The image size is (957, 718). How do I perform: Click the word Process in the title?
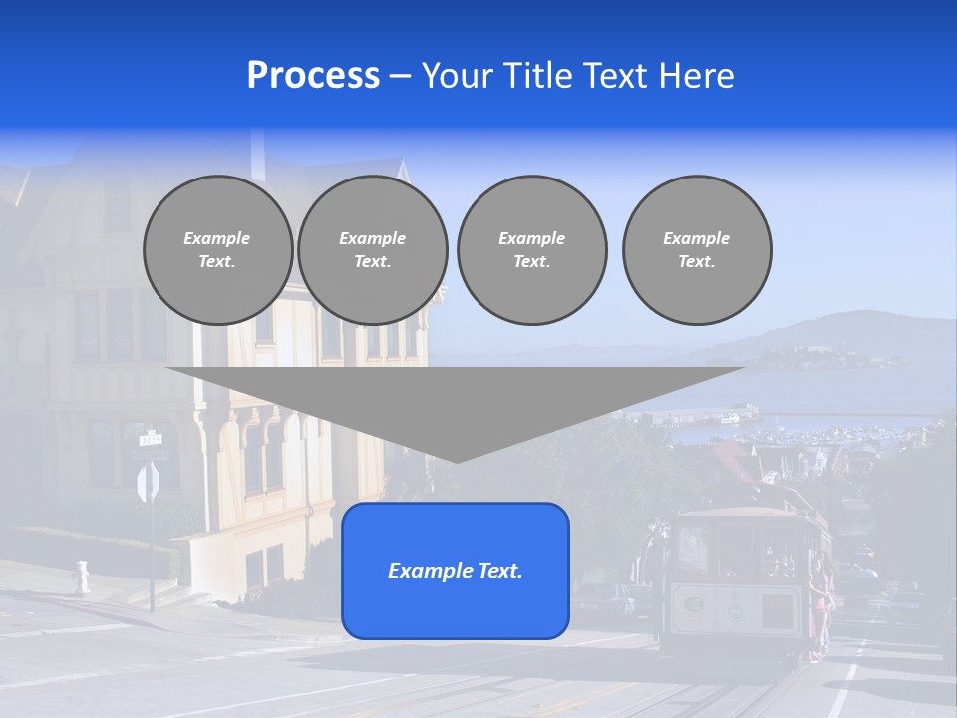(x=313, y=76)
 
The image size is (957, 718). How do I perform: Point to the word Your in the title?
(x=457, y=76)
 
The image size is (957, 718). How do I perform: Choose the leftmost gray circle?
(x=217, y=250)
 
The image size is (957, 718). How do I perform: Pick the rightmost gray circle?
(x=697, y=250)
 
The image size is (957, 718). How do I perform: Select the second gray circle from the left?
(x=373, y=250)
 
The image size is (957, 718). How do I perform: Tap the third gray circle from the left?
(x=531, y=250)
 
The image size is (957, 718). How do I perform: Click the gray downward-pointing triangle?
(x=456, y=404)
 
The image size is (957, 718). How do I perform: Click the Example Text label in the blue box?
(x=456, y=571)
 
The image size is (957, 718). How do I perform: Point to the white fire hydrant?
(x=82, y=577)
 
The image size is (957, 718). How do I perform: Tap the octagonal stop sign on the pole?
(x=148, y=483)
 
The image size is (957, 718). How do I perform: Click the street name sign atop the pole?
(x=151, y=438)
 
